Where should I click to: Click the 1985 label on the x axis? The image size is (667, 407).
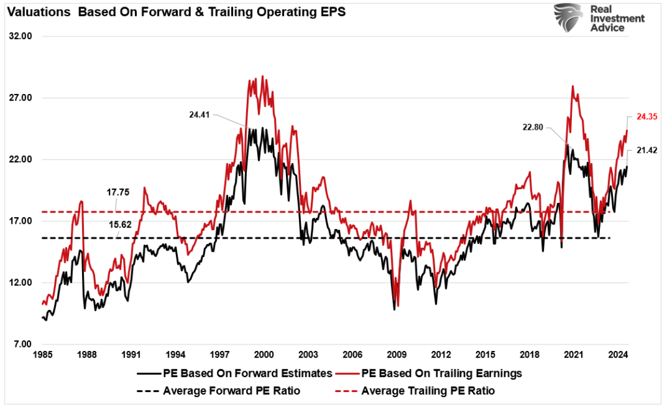(x=42, y=355)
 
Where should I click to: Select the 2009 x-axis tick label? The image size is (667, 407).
(x=397, y=355)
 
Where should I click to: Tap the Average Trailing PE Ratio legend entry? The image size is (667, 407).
(x=427, y=391)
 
